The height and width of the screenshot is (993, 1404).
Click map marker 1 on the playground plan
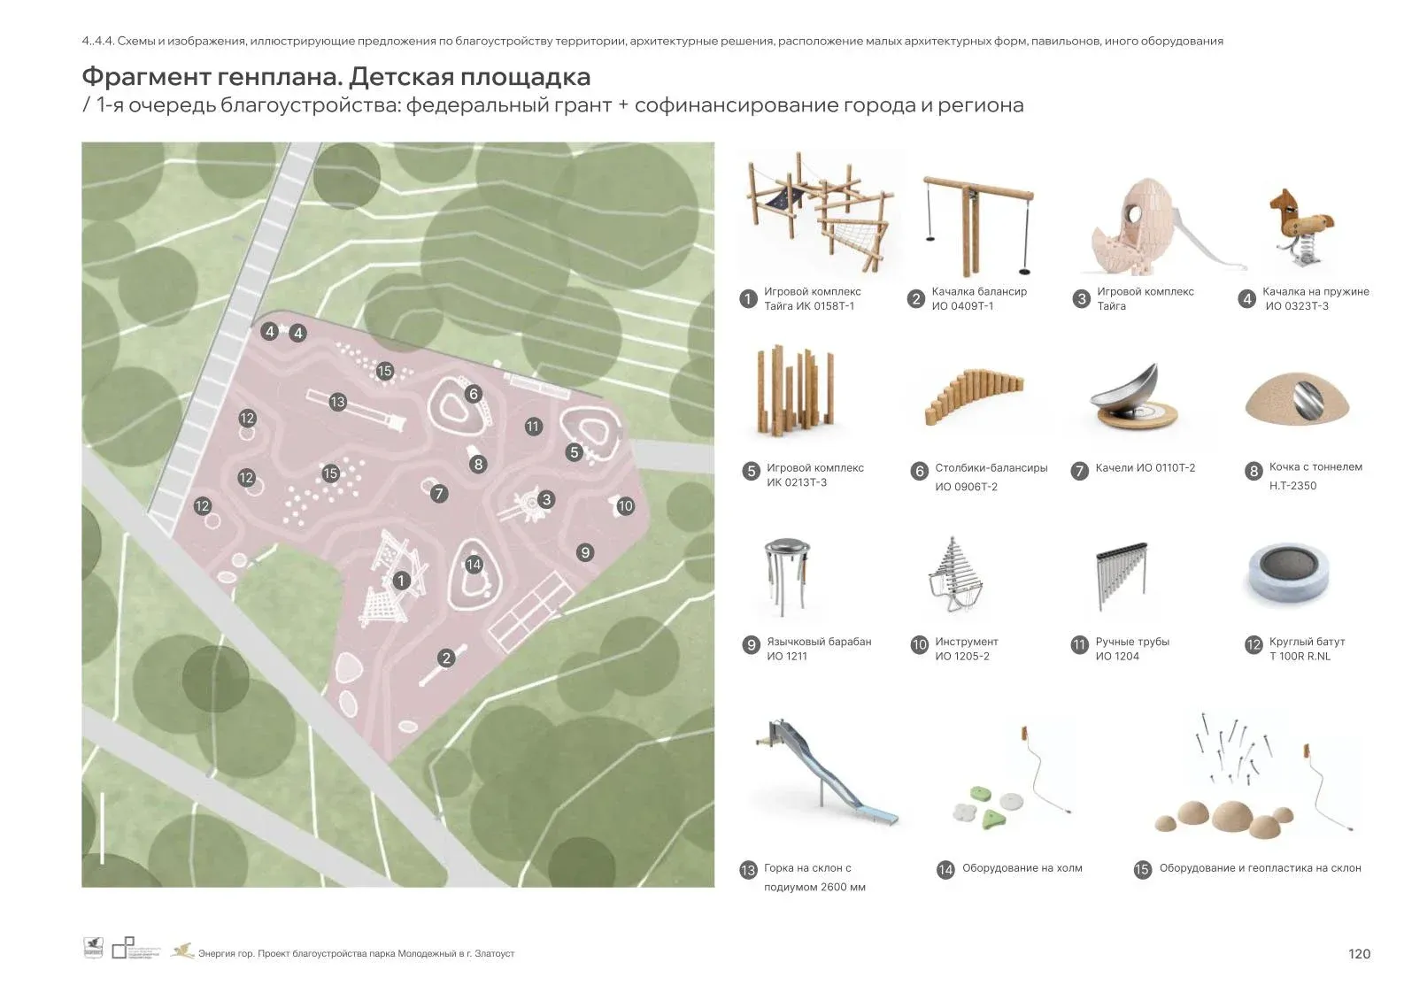(x=401, y=581)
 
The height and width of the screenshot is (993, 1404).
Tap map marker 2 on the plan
(x=446, y=658)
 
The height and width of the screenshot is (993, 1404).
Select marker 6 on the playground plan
(x=474, y=394)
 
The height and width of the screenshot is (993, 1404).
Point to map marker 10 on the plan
(x=625, y=506)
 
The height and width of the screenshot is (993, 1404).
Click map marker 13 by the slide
(x=337, y=402)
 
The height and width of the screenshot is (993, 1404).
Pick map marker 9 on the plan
(x=584, y=552)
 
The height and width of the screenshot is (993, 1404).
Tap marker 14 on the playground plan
(x=474, y=565)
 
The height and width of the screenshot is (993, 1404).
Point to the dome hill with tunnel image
(x=1299, y=402)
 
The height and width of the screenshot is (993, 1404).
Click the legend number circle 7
(x=1079, y=471)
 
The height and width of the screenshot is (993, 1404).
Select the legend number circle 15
(x=1142, y=869)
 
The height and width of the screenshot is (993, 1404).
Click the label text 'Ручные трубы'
(x=1132, y=642)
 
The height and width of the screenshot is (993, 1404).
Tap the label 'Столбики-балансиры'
(x=991, y=468)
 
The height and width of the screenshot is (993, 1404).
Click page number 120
(x=1359, y=953)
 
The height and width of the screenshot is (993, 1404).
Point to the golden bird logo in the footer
(x=183, y=951)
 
